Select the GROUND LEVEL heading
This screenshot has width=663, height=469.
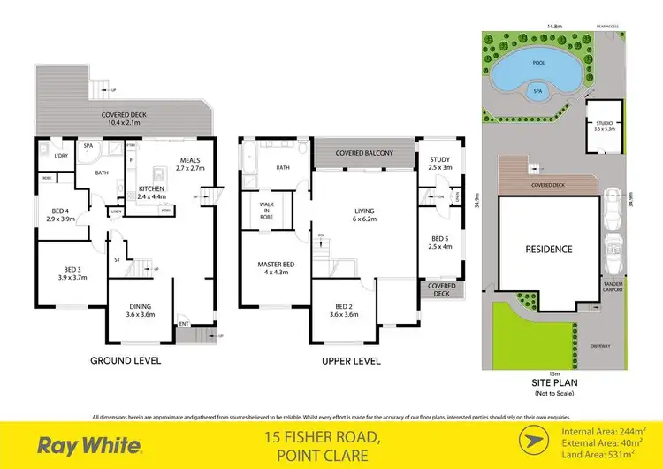pyautogui.click(x=123, y=361)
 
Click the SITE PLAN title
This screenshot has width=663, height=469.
pyautogui.click(x=554, y=384)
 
